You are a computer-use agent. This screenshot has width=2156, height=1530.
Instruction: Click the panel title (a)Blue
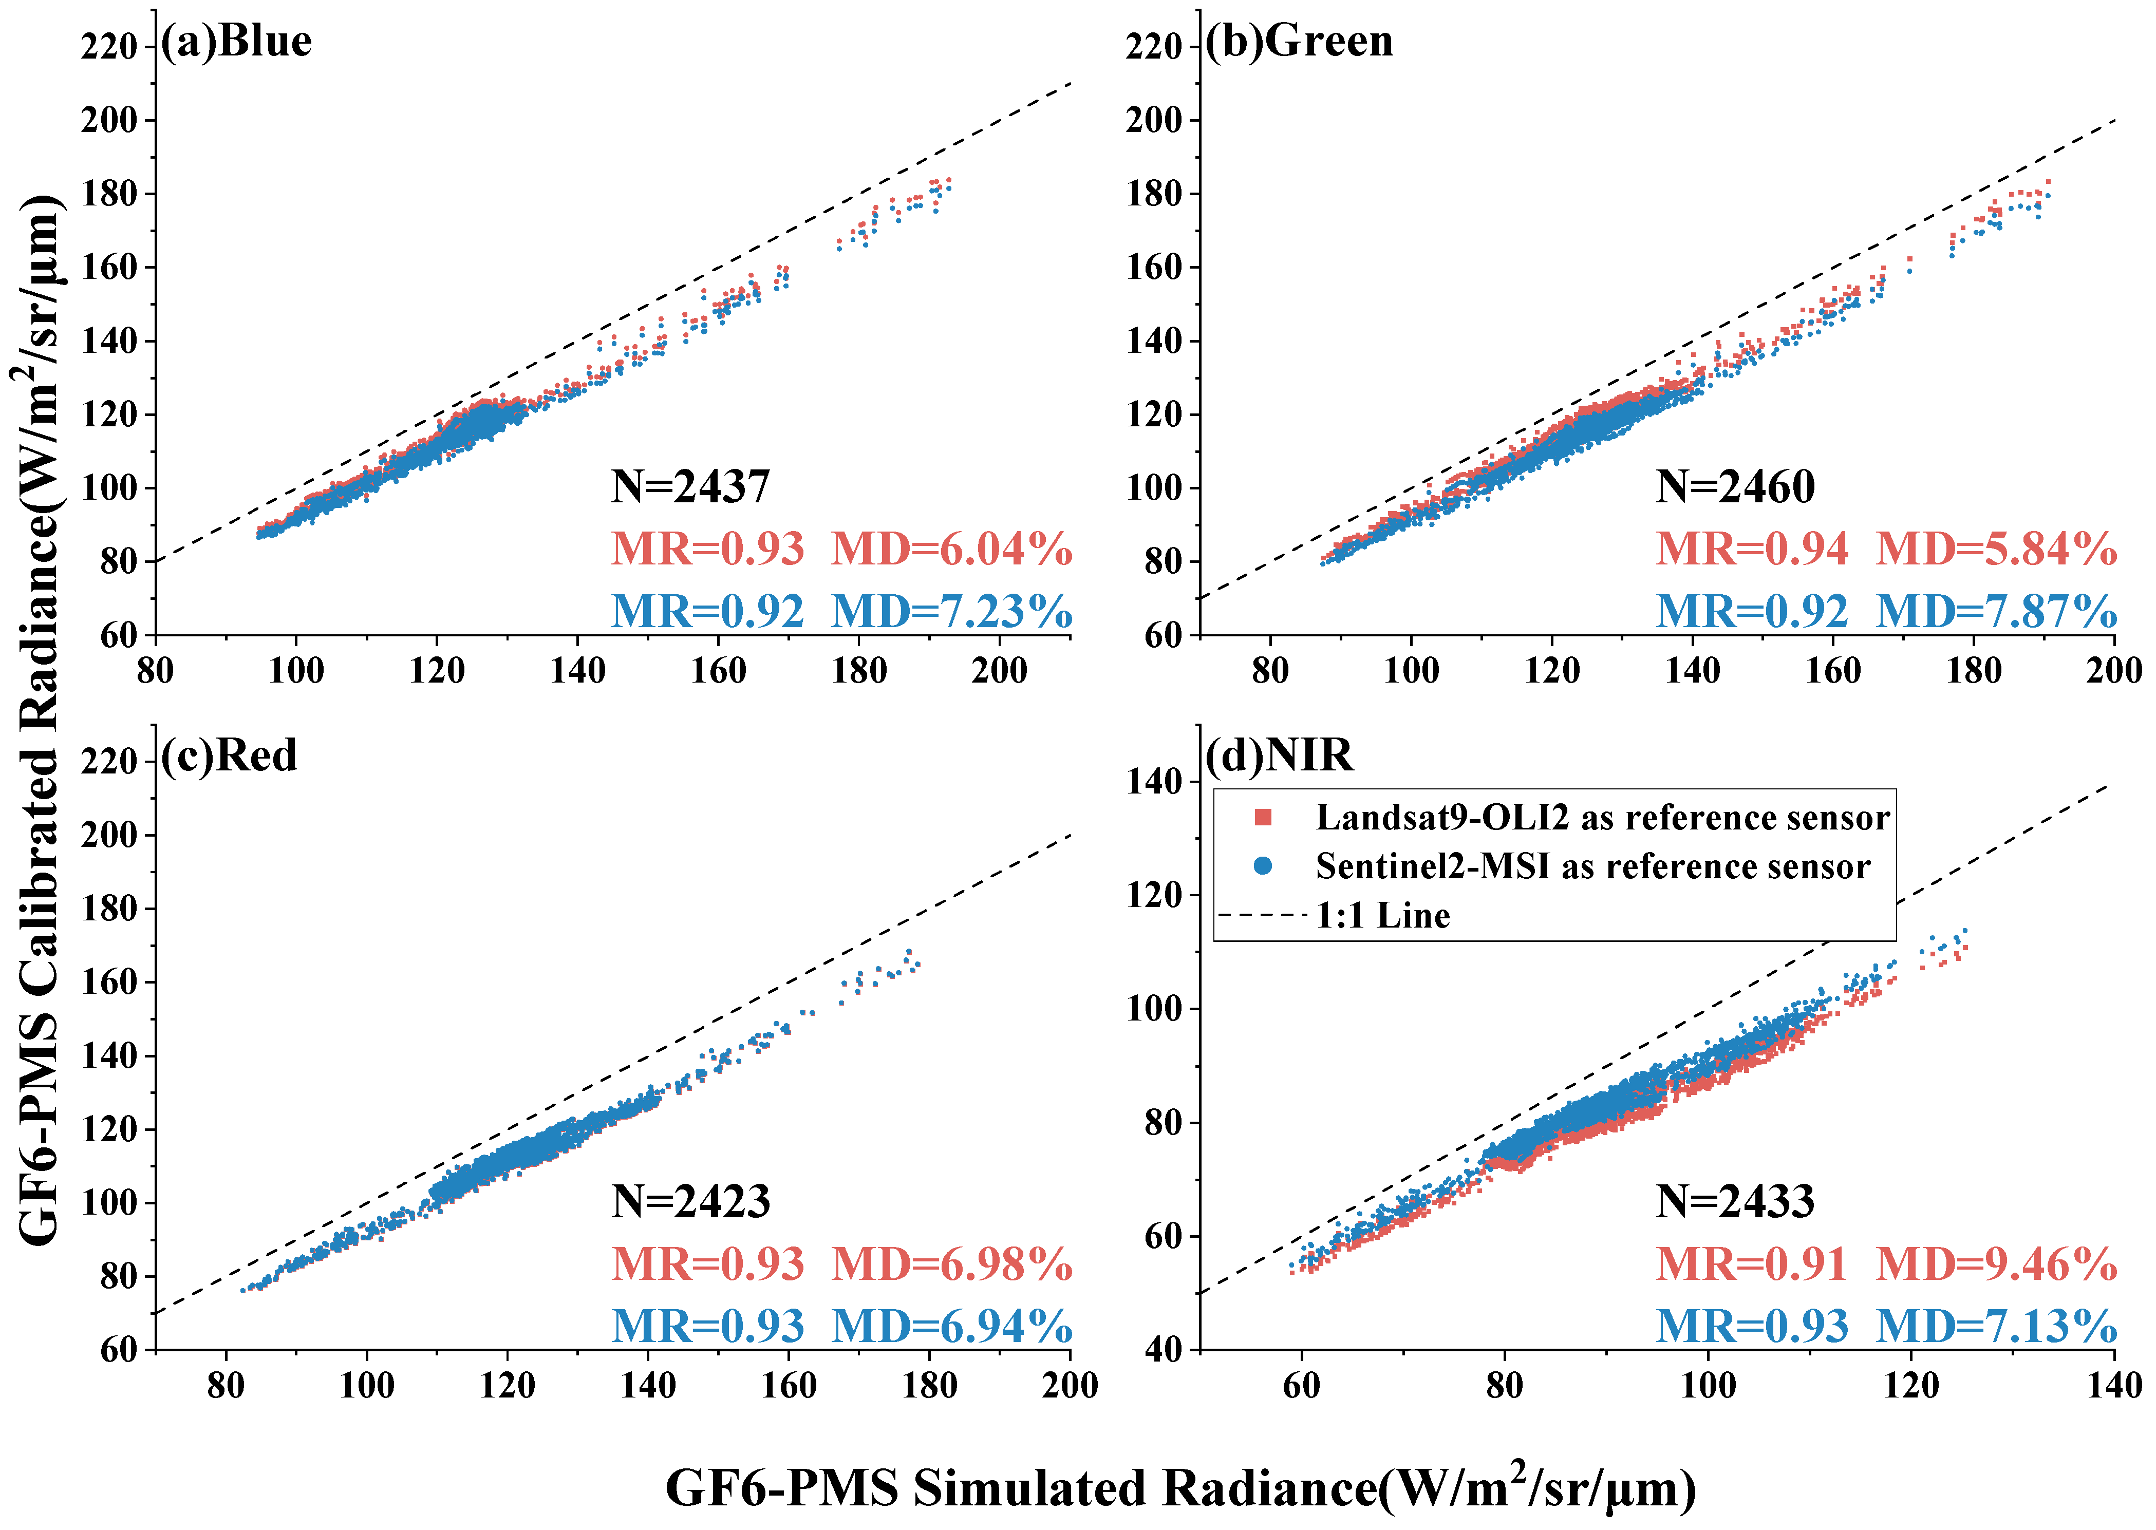point(236,42)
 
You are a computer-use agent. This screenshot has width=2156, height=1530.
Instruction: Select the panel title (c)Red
point(229,755)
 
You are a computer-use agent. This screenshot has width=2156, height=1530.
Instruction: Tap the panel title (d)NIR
point(1280,755)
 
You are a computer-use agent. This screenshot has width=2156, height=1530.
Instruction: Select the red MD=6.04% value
point(952,549)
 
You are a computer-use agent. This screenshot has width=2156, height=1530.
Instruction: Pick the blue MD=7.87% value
point(1997,611)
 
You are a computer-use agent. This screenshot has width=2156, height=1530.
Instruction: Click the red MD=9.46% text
point(1997,1264)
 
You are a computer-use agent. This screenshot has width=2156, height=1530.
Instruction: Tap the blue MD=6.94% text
point(952,1327)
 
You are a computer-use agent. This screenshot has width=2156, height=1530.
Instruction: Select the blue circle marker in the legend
point(1264,866)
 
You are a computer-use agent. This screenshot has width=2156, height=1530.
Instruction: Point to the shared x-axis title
point(1180,1488)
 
